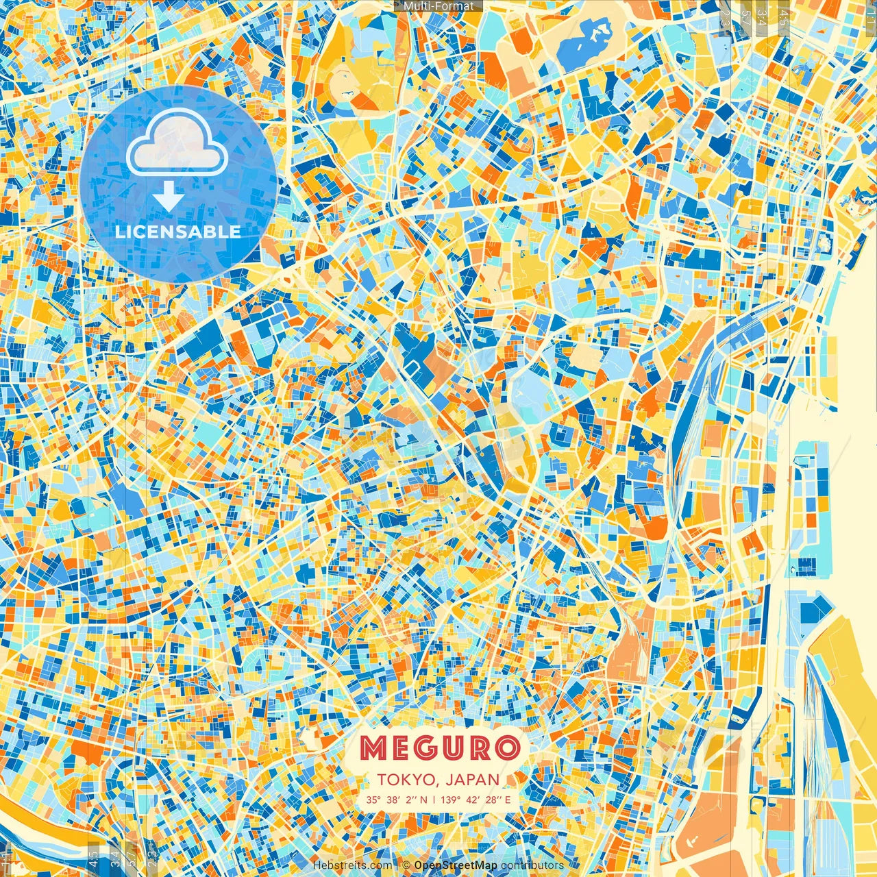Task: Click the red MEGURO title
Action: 438,749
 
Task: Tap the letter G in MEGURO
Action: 423,749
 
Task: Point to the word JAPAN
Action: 472,780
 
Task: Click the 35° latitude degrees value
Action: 373,800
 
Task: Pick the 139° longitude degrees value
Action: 451,800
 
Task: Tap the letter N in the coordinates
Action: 423,800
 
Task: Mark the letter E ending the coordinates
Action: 508,800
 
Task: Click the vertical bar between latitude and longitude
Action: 433,800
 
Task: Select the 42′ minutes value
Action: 472,800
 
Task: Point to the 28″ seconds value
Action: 492,800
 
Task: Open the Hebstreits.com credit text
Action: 353,865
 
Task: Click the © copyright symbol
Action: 406,865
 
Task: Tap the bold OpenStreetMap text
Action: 456,865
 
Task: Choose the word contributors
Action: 532,865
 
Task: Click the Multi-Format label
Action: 438,6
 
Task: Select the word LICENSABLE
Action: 178,232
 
